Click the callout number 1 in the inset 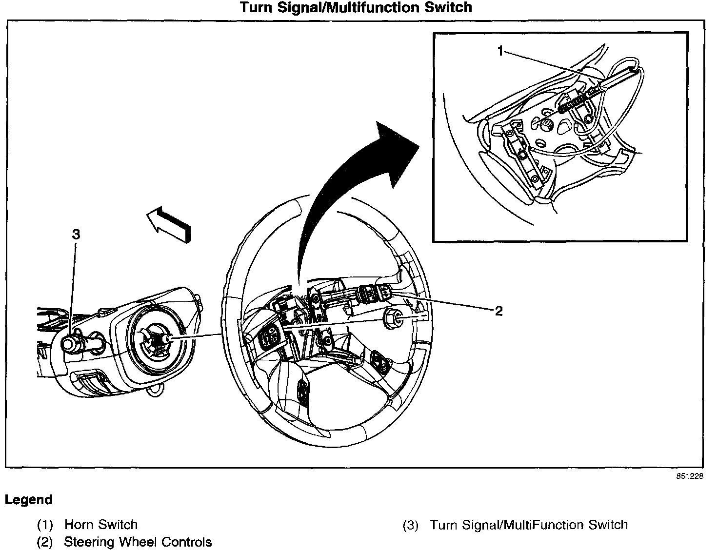(500, 51)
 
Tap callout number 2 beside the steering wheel (499, 311)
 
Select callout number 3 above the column (76, 234)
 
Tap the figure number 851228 (690, 476)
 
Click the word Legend (29, 500)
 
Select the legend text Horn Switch (101, 525)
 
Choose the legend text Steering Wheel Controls (138, 542)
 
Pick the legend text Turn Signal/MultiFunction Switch (529, 525)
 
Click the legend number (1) (45, 525)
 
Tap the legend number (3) (410, 525)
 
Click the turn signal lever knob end (68, 344)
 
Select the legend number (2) (45, 542)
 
